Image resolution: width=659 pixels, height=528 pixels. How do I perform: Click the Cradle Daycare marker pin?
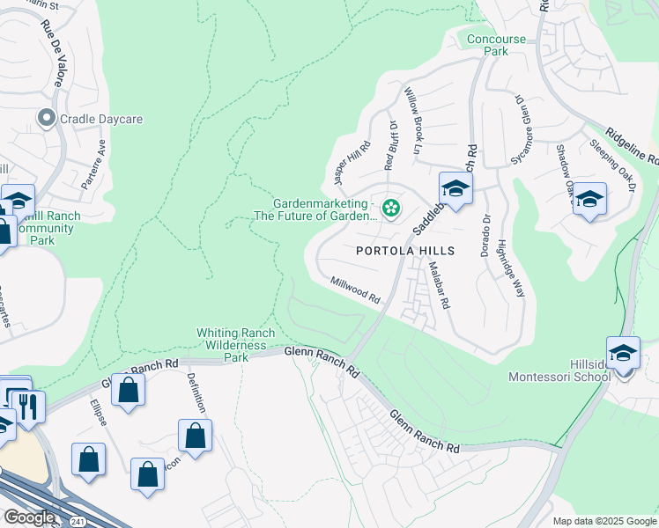(45, 118)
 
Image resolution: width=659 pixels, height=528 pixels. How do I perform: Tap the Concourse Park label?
(496, 45)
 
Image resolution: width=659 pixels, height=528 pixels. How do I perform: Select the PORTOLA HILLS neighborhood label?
(406, 251)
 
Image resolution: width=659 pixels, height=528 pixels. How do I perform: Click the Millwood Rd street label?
(355, 290)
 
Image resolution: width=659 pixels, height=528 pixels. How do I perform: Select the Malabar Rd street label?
(440, 288)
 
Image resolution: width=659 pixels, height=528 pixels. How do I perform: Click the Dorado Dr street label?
(485, 235)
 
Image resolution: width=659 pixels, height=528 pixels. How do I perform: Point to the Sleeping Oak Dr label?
(612, 165)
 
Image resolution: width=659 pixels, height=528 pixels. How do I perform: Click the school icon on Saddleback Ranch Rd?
(455, 188)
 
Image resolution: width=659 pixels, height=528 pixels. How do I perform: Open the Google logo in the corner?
(29, 517)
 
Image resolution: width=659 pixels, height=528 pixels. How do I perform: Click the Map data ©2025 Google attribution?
(603, 521)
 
